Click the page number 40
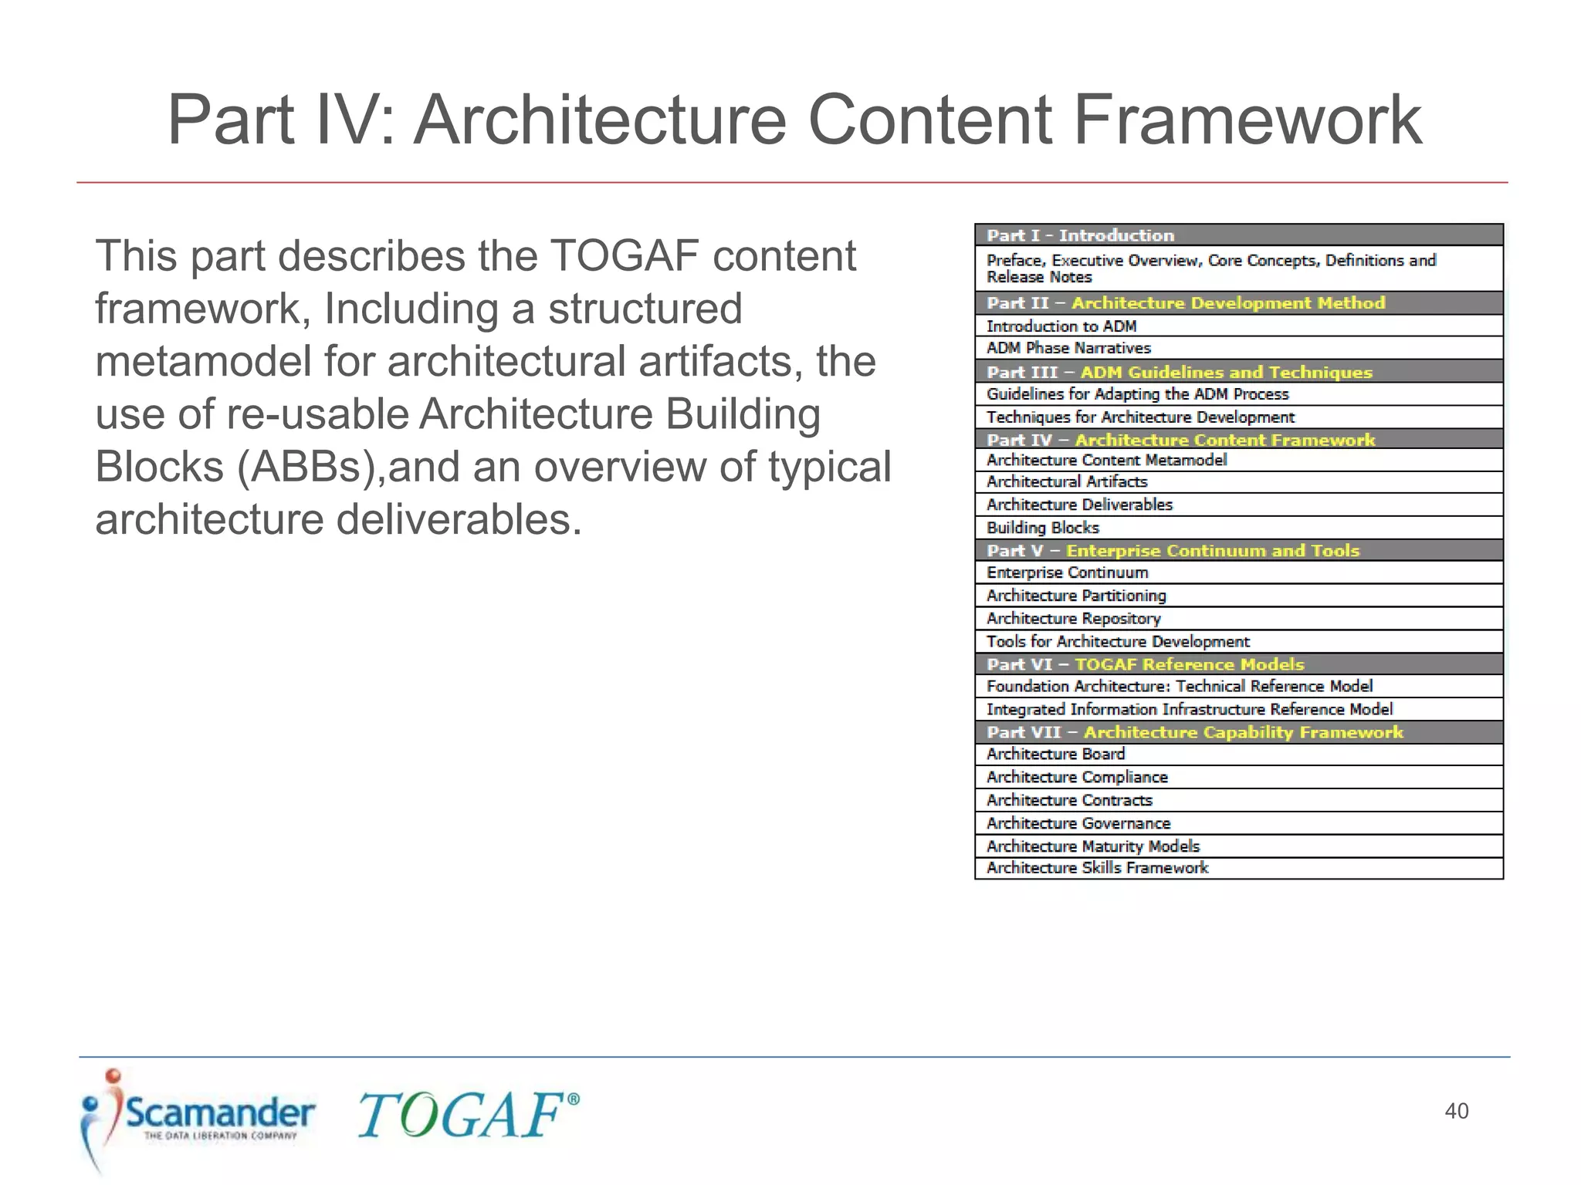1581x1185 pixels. (x=1456, y=1111)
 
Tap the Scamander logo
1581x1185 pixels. (x=198, y=1119)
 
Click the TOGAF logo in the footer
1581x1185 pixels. (x=467, y=1116)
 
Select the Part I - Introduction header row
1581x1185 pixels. (x=1238, y=235)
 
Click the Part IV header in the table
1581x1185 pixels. (x=1238, y=440)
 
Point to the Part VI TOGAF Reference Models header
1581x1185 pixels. (x=1238, y=664)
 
